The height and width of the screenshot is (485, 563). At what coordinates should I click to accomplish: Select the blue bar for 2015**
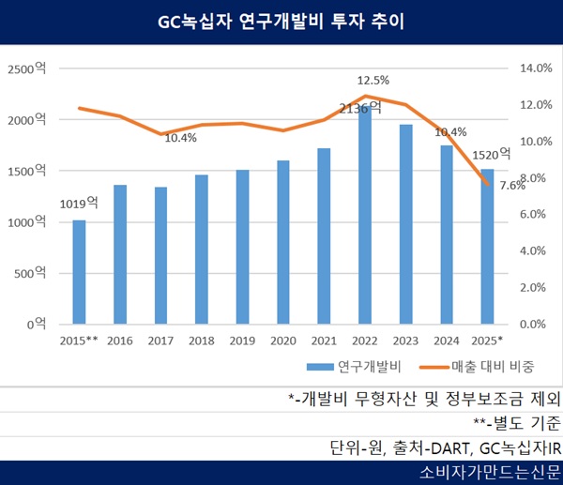click(x=79, y=272)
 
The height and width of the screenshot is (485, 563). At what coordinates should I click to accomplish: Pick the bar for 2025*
click(x=486, y=246)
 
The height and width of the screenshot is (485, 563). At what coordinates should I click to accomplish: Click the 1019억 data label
click(x=79, y=203)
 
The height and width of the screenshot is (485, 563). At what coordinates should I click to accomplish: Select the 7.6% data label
click(x=512, y=186)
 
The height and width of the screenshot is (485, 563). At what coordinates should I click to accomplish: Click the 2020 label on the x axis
click(x=282, y=340)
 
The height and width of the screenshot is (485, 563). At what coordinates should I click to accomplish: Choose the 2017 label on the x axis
click(x=160, y=340)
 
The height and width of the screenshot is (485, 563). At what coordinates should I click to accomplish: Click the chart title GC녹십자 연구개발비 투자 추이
click(x=281, y=21)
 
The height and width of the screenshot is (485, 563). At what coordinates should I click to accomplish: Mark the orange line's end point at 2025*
click(x=486, y=186)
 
